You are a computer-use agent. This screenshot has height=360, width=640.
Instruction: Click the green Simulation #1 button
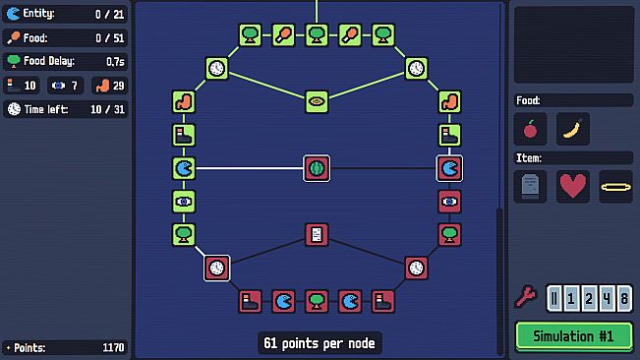point(573,335)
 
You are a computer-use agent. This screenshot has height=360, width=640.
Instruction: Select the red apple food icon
point(531,129)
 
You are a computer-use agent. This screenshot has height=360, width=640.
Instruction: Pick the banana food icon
point(573,129)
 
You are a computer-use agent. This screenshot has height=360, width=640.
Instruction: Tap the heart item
point(573,186)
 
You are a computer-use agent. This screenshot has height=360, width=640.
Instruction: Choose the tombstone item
point(531,186)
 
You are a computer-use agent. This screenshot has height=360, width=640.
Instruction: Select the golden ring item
point(616,186)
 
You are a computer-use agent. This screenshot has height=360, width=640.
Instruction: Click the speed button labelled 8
point(624,298)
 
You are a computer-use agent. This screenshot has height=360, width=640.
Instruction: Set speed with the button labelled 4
point(607,298)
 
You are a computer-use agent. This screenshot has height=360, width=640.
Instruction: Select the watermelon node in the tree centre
point(317,168)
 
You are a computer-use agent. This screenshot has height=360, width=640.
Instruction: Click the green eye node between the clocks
point(317,100)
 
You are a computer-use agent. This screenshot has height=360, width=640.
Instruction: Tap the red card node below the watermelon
point(317,234)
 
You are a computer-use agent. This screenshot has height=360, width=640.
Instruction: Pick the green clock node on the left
point(217,69)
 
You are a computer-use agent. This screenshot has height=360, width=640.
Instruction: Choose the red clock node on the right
point(416,268)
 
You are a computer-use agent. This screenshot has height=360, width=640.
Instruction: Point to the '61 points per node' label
point(320,343)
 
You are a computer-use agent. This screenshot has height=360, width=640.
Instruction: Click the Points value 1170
point(113,347)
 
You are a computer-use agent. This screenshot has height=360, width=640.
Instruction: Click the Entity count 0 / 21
point(107,14)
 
